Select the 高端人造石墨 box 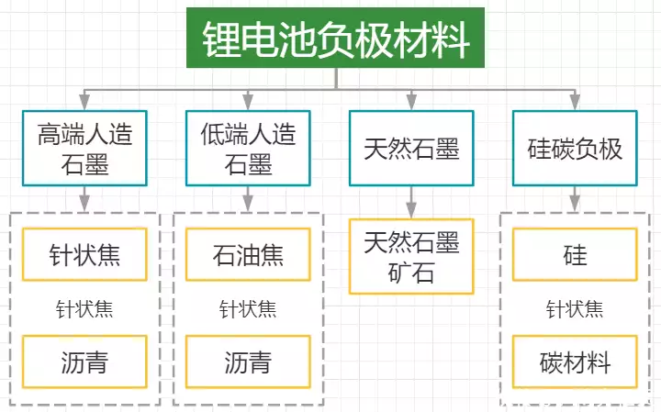[x=84, y=149]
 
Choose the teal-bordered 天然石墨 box [x=411, y=148]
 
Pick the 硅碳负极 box [x=576, y=149]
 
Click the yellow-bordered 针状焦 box [x=84, y=254]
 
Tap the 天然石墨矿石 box [x=411, y=256]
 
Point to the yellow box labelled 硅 [x=575, y=254]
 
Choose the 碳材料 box [x=575, y=362]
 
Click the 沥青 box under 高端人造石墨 [x=84, y=362]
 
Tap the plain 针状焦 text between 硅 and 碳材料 [x=575, y=308]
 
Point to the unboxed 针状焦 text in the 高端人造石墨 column [x=84, y=308]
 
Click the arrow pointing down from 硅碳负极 [x=576, y=197]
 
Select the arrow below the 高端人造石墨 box [x=84, y=197]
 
